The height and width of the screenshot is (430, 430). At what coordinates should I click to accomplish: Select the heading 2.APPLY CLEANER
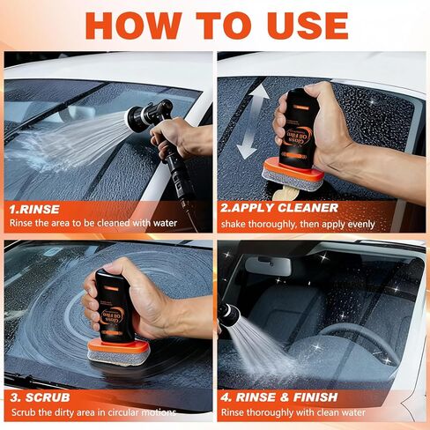[279, 209]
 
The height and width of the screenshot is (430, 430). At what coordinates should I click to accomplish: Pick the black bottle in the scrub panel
[119, 304]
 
